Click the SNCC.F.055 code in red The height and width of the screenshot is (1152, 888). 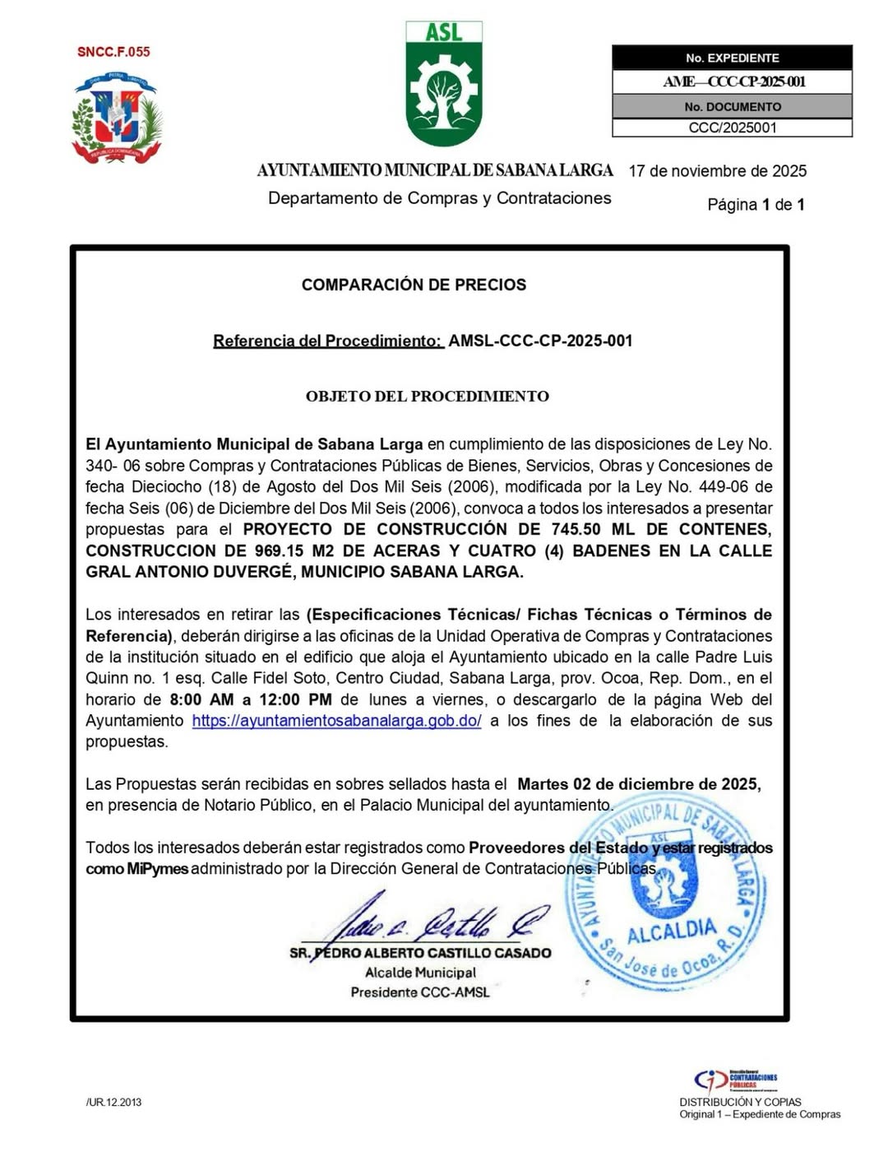(x=113, y=52)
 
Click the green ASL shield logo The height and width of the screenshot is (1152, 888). (x=444, y=85)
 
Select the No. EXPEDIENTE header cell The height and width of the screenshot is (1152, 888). (x=732, y=58)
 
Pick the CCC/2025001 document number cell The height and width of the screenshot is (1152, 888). (x=732, y=128)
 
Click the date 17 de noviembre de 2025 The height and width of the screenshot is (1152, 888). (x=717, y=171)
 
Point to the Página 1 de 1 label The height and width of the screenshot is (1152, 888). (x=756, y=205)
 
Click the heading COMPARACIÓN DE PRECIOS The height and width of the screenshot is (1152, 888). (x=414, y=285)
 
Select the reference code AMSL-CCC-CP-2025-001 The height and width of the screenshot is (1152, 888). (x=540, y=341)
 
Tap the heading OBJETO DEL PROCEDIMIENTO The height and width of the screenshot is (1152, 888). (x=427, y=397)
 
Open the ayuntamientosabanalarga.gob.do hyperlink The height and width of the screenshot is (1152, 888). (x=336, y=721)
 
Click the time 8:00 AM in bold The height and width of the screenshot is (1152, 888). (x=201, y=699)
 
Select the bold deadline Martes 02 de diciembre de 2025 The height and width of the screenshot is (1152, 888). (x=638, y=784)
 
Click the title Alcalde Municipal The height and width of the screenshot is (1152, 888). (x=420, y=973)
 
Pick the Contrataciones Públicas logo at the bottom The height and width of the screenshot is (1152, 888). (x=736, y=1080)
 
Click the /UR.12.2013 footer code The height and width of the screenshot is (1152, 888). (x=113, y=1103)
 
